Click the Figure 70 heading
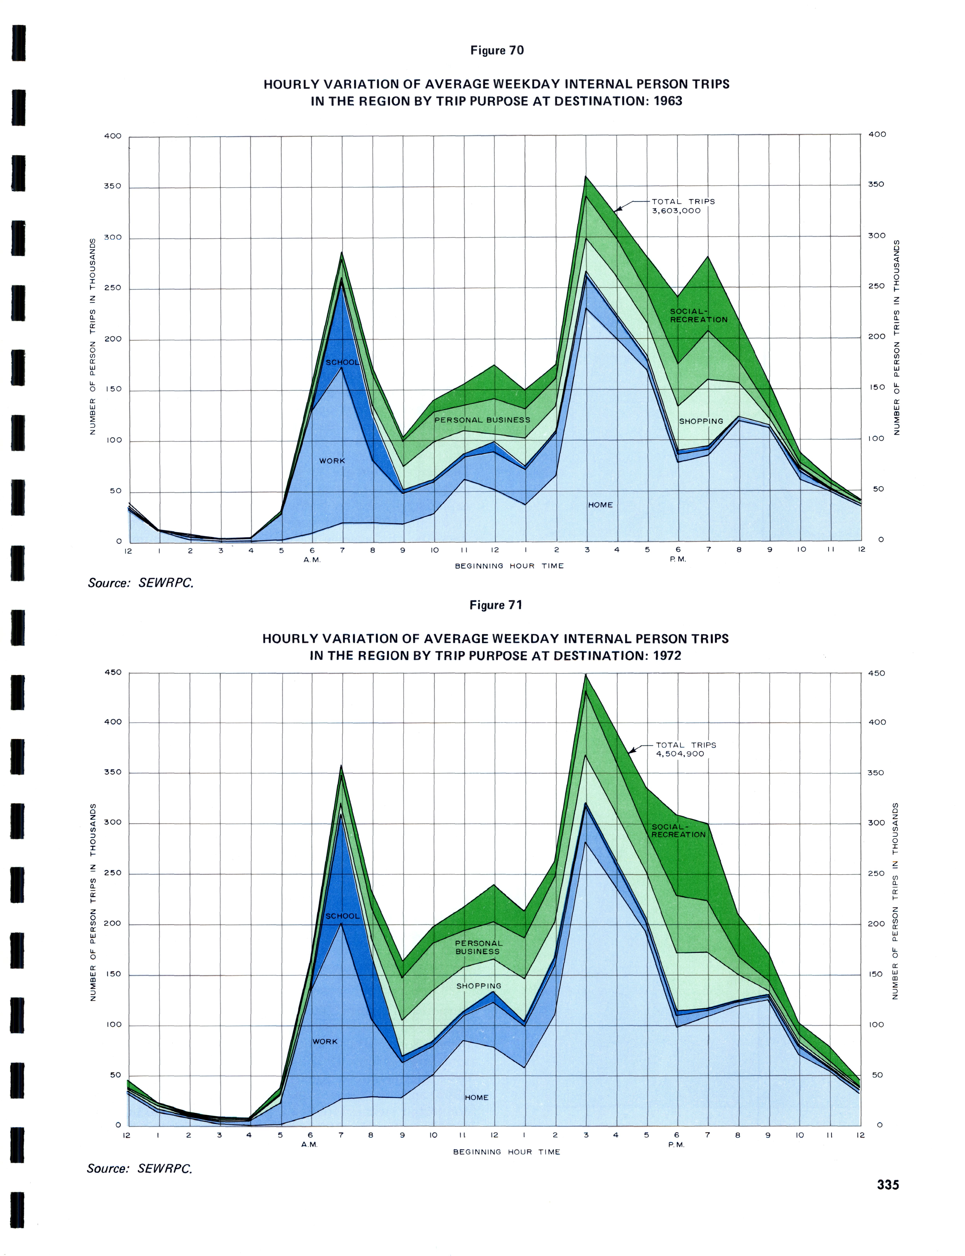click(497, 51)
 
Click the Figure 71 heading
click(496, 605)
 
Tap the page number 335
click(887, 1185)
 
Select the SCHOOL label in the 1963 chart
click(342, 362)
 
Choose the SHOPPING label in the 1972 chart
click(478, 986)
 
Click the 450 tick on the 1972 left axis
click(113, 672)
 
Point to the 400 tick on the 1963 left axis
click(113, 136)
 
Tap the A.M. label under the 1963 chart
click(312, 560)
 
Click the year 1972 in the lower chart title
click(666, 656)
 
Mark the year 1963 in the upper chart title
click(667, 101)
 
